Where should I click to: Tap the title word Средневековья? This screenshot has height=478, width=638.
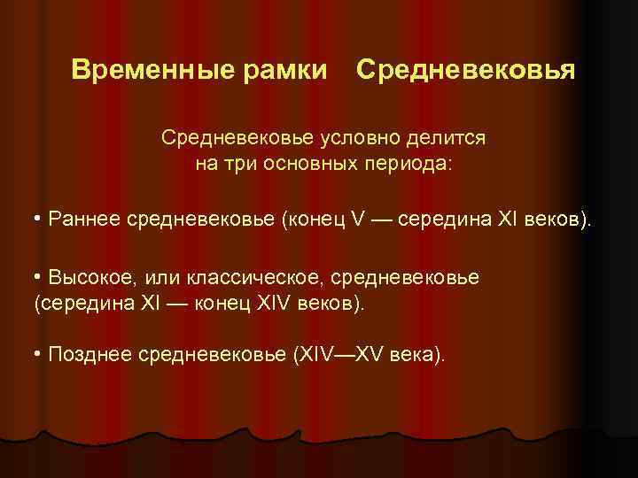(465, 69)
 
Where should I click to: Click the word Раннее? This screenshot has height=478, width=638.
(85, 218)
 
